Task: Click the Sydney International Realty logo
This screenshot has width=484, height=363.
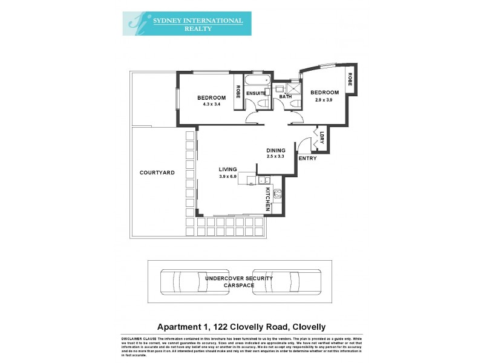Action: tap(187, 24)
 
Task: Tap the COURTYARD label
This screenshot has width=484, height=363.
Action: tap(157, 172)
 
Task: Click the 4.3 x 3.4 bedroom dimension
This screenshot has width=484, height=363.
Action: tap(211, 105)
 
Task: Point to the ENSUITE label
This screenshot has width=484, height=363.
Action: tap(257, 94)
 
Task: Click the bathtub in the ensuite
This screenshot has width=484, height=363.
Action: tap(257, 80)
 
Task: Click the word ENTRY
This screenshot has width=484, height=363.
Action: tap(307, 158)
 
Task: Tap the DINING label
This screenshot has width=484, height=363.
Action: tap(276, 150)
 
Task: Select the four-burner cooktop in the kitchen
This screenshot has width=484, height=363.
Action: tap(278, 194)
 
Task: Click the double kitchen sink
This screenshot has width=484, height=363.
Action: tap(264, 180)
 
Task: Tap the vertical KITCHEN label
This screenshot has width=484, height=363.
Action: tap(268, 198)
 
